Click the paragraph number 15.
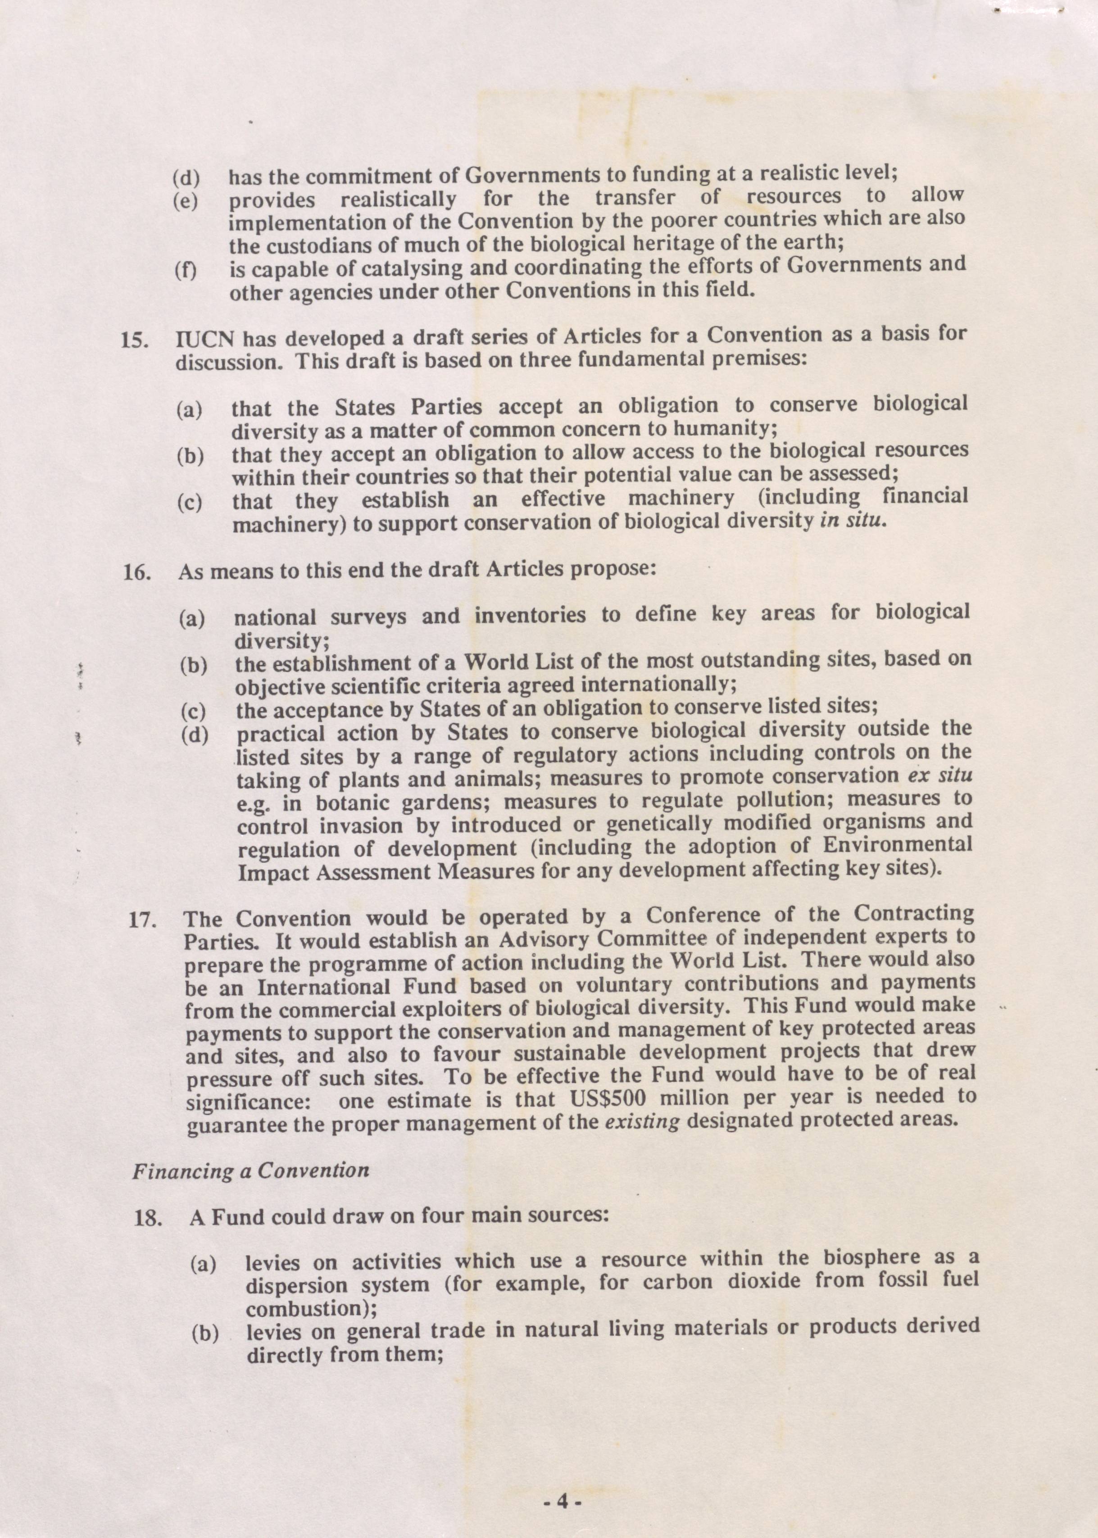133,340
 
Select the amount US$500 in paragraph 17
604,1097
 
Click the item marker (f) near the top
185,271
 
